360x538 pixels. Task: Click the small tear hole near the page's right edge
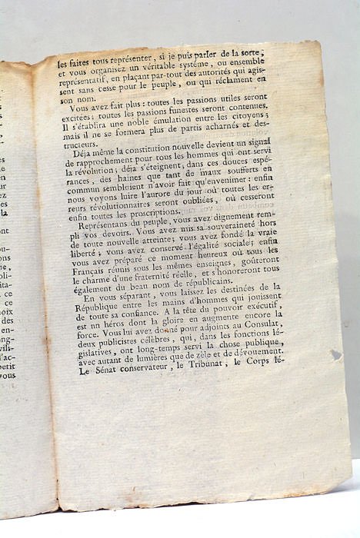click(336, 355)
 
